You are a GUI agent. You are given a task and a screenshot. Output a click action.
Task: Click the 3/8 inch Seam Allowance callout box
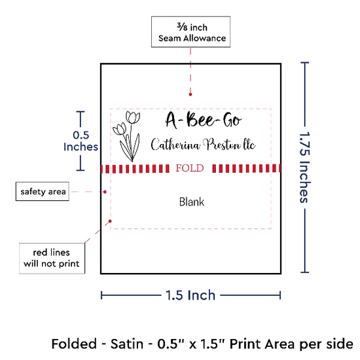pyautogui.click(x=190, y=31)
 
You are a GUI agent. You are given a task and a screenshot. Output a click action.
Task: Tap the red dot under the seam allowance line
pyautogui.click(x=190, y=94)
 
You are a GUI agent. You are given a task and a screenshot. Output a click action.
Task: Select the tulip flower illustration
pyautogui.click(x=126, y=136)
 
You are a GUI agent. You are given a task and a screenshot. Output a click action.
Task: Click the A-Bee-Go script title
pyautogui.click(x=204, y=120)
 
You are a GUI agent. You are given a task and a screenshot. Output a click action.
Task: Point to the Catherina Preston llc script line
pyautogui.click(x=203, y=145)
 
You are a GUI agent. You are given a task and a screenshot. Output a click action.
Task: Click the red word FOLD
pyautogui.click(x=190, y=168)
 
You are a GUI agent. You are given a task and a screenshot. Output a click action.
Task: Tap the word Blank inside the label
pyautogui.click(x=192, y=202)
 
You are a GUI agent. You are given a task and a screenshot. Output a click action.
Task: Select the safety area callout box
pyautogui.click(x=43, y=192)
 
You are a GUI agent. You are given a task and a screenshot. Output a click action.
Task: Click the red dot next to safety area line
pyautogui.click(x=105, y=192)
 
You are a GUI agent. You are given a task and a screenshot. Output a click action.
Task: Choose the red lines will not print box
pyautogui.click(x=52, y=259)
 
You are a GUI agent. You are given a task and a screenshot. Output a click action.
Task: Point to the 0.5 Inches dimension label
pyautogui.click(x=81, y=141)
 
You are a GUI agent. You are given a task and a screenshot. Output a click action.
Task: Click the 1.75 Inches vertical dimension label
pyautogui.click(x=305, y=168)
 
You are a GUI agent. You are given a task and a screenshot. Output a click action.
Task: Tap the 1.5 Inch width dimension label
pyautogui.click(x=190, y=295)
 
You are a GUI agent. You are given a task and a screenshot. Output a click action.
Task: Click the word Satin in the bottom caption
pyautogui.click(x=127, y=344)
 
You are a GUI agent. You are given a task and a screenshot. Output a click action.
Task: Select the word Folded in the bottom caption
pyautogui.click(x=74, y=344)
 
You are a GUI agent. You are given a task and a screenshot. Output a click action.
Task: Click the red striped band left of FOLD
pyautogui.click(x=135, y=168)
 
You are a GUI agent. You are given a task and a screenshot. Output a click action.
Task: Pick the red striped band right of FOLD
pyautogui.click(x=246, y=168)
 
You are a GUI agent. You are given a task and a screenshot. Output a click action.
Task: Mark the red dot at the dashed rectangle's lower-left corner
pyautogui.click(x=110, y=221)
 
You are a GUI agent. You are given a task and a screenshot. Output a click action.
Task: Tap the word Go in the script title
pyautogui.click(x=232, y=120)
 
